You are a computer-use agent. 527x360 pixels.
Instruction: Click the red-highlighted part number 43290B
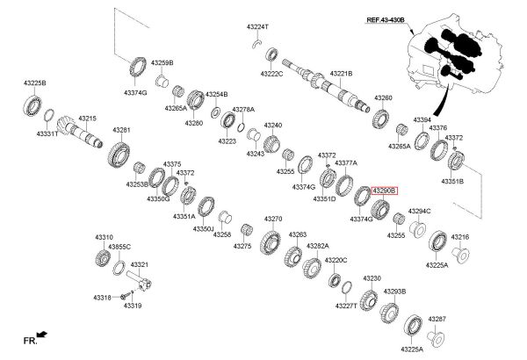(384, 190)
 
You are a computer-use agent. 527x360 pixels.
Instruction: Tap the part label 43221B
(341, 74)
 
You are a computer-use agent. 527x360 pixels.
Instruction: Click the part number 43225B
(35, 83)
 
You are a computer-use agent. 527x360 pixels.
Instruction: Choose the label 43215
(87, 118)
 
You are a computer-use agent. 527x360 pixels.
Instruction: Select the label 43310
(105, 237)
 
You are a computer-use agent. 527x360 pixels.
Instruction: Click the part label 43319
(133, 306)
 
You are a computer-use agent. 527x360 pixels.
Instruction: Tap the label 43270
(273, 219)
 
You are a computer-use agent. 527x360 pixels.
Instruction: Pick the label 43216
(460, 237)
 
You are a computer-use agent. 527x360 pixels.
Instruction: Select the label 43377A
(346, 162)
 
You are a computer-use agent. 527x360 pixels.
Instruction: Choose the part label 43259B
(162, 63)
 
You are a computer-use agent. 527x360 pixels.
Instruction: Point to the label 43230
(372, 278)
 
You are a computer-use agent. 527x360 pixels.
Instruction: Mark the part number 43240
(272, 126)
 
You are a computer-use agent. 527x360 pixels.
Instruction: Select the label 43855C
(119, 248)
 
